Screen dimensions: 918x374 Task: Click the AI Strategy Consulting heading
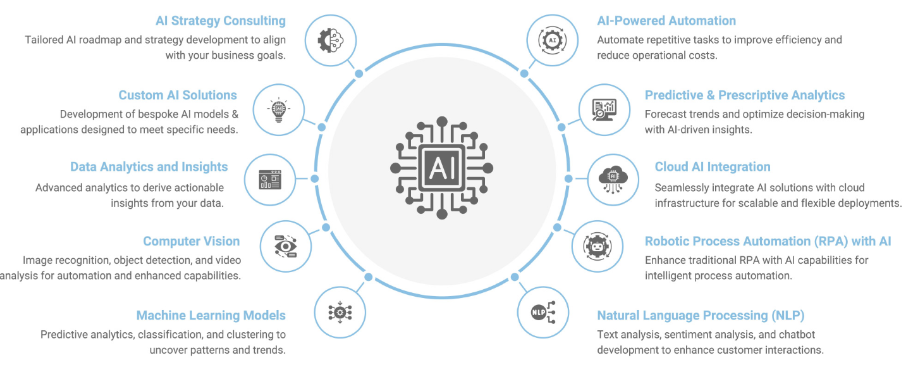(221, 21)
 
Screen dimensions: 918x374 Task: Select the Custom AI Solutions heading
(178, 96)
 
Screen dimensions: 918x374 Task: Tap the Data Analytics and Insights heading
(149, 167)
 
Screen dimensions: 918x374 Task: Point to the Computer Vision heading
(191, 241)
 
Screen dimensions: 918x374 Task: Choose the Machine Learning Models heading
(211, 315)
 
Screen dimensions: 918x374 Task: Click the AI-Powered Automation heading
(666, 21)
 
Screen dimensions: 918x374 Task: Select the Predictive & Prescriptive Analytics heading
(744, 96)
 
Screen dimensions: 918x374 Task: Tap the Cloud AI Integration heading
(713, 167)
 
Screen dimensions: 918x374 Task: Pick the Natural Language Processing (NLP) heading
(701, 315)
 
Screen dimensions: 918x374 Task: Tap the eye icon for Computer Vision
(286, 246)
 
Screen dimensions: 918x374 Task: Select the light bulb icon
(278, 109)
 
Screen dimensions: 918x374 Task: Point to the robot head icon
(597, 246)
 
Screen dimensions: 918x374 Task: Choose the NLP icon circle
(543, 312)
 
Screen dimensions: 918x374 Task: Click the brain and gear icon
(331, 40)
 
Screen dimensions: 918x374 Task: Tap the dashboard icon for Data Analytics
(269, 180)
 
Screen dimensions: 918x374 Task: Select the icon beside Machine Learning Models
(340, 312)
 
